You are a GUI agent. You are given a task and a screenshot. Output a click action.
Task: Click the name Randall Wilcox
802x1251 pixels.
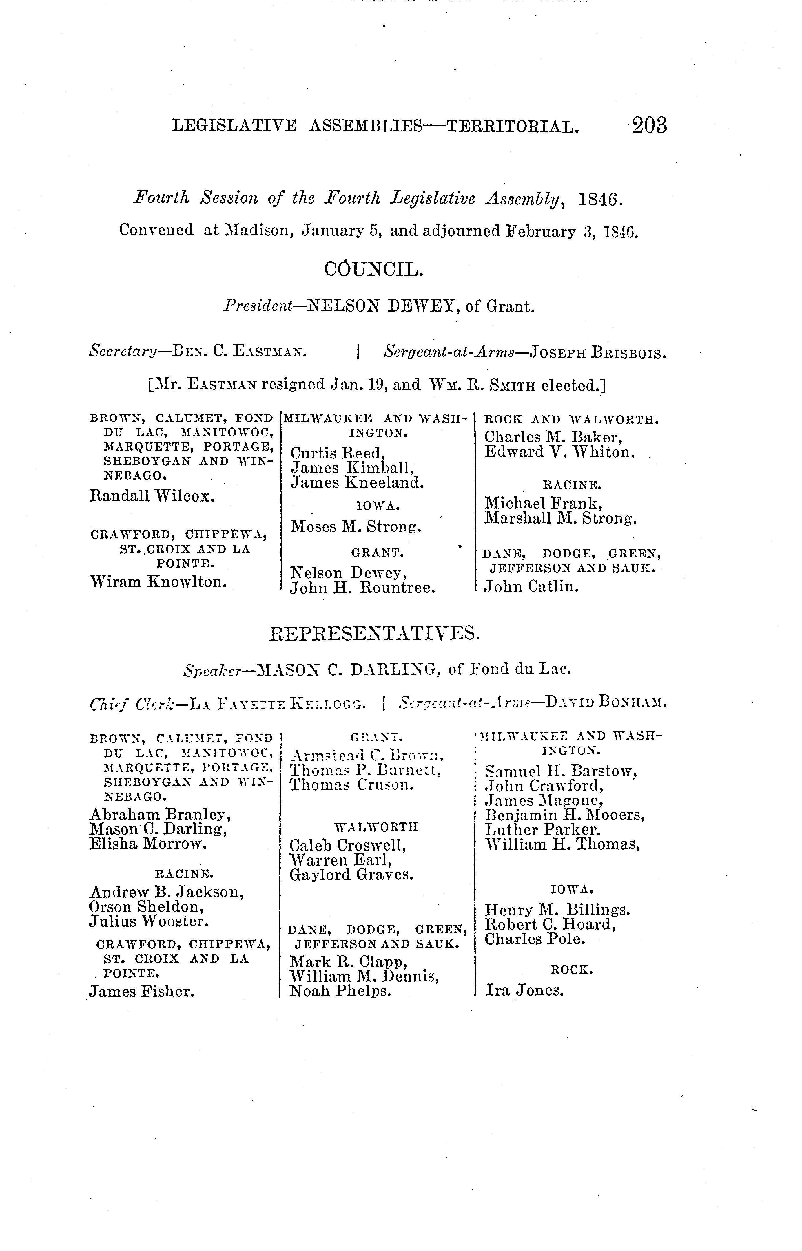point(152,496)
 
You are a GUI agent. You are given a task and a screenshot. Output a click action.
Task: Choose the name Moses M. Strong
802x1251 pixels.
point(356,527)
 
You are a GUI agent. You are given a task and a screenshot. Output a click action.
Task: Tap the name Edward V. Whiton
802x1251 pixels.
point(559,452)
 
